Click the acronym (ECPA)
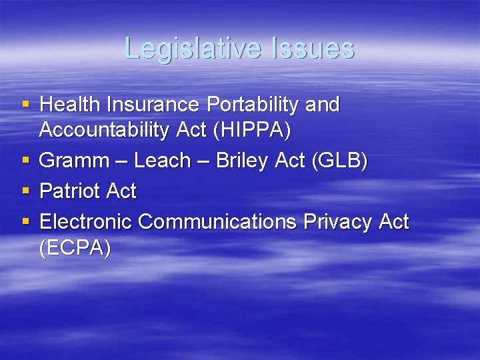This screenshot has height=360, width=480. [75, 247]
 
